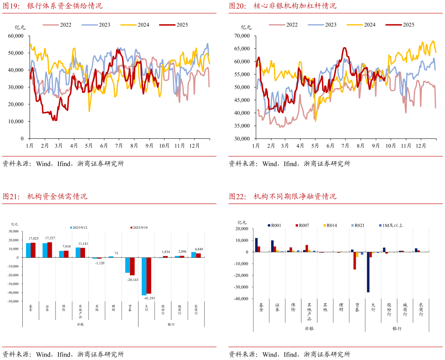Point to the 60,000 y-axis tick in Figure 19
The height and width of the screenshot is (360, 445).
click(x=16, y=36)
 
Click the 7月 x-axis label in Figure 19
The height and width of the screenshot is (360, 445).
click(x=119, y=146)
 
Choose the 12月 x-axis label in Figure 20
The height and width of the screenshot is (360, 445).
click(x=421, y=146)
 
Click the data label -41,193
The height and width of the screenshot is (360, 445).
click(x=150, y=298)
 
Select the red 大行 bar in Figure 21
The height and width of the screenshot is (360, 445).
click(x=149, y=275)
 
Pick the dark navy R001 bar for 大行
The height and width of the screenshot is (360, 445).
click(x=368, y=272)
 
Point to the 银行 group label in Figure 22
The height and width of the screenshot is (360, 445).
click(x=397, y=328)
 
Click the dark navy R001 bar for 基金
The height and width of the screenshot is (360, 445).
click(x=256, y=245)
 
